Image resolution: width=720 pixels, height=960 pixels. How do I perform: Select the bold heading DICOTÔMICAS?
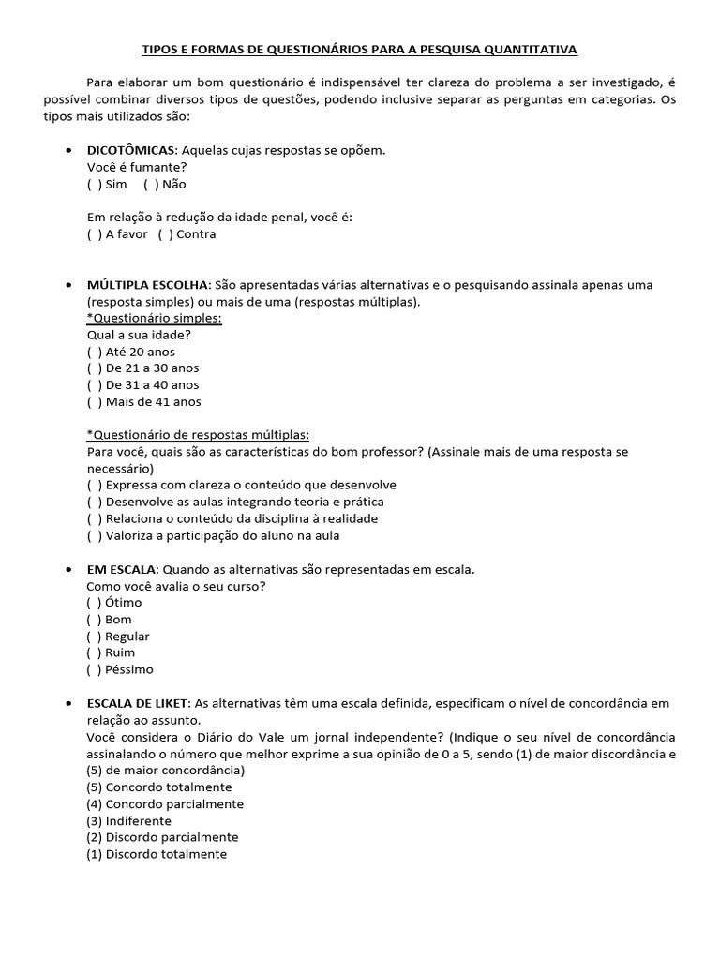[x=130, y=150]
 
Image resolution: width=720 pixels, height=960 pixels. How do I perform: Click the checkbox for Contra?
[x=164, y=234]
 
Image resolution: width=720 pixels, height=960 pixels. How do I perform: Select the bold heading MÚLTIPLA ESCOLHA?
[x=149, y=284]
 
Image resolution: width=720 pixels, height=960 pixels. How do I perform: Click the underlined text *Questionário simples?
[x=154, y=318]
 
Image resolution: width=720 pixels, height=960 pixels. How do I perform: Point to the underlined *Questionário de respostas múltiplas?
[x=198, y=435]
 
